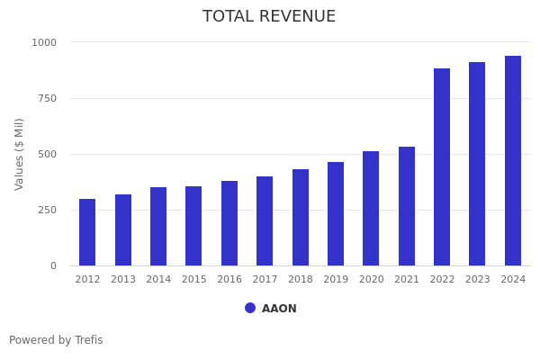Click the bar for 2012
[x=87, y=232]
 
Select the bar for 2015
[x=193, y=226]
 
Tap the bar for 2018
[x=301, y=217]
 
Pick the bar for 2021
[x=407, y=206]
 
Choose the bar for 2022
[x=442, y=166]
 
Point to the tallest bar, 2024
[x=513, y=160]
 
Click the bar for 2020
[x=371, y=208]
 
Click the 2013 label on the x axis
[x=123, y=280]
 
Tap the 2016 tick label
[x=229, y=280]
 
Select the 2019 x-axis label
[x=336, y=280]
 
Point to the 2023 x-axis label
[x=478, y=280]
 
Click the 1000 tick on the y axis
[x=44, y=42]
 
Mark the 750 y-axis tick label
[x=47, y=98]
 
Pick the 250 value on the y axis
[x=47, y=210]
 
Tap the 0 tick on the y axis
[x=53, y=265]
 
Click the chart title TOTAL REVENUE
[x=269, y=17]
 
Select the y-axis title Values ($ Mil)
[x=20, y=154]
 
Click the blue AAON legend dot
[x=250, y=308]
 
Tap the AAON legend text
[x=279, y=309]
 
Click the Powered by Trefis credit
[x=56, y=340]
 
